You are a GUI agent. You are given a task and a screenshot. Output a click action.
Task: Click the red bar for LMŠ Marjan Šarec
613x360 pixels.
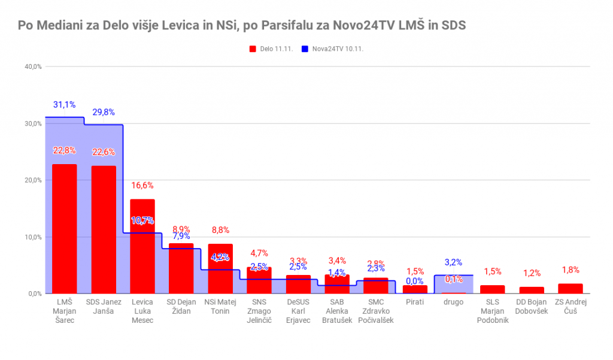tap(64, 229)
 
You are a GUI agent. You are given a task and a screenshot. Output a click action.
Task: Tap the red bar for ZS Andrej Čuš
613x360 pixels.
tap(570, 289)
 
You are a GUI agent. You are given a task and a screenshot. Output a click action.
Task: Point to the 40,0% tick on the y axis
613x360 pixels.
tap(33, 66)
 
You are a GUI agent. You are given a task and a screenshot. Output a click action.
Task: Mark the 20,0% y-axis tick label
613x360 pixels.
tap(33, 180)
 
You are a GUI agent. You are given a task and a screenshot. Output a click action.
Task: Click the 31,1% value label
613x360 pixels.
tap(64, 105)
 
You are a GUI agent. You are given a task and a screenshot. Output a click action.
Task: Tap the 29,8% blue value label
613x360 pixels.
tap(104, 112)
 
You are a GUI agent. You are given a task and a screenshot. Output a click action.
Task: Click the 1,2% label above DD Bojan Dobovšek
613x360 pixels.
tap(532, 273)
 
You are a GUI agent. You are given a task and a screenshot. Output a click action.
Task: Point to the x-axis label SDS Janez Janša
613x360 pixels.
tap(104, 307)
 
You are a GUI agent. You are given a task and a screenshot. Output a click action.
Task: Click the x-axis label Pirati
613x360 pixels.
tap(414, 302)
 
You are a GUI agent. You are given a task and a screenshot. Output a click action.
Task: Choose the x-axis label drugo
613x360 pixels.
tap(453, 302)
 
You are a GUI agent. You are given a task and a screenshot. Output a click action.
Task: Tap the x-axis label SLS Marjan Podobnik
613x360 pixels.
tap(492, 311)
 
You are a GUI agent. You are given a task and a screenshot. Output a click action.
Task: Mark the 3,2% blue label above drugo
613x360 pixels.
tap(453, 262)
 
